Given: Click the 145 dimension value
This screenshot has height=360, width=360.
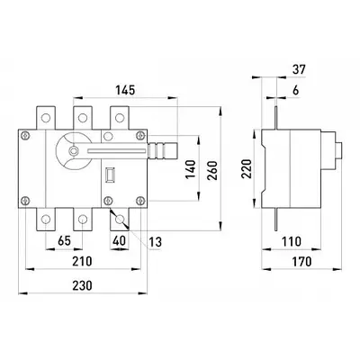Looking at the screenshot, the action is click(x=125, y=90).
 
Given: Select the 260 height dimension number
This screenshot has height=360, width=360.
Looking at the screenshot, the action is click(x=212, y=170).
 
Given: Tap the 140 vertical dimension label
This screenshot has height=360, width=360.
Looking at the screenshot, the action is click(x=191, y=170).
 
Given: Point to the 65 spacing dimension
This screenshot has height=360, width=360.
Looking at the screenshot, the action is click(x=64, y=241).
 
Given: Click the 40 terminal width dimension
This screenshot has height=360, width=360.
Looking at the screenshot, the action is click(x=119, y=241).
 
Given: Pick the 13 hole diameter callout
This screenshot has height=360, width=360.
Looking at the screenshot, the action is click(x=156, y=242).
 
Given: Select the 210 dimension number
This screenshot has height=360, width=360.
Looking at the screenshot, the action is click(x=82, y=261).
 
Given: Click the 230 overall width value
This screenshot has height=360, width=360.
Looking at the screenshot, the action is click(x=82, y=285).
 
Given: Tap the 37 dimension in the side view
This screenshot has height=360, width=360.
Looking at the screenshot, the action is click(x=298, y=69).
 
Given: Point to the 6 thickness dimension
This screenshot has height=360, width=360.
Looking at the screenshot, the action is click(x=296, y=90).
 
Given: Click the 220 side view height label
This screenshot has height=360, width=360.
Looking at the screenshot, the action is click(x=247, y=169).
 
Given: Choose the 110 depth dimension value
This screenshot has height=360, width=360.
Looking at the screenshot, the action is click(x=291, y=241).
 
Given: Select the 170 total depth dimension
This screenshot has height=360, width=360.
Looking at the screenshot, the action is click(x=301, y=262).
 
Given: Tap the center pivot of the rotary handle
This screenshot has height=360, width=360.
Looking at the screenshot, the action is click(x=73, y=150).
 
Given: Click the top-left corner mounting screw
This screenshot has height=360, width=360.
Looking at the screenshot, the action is click(x=26, y=136).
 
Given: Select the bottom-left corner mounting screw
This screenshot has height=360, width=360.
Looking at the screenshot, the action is click(x=26, y=200).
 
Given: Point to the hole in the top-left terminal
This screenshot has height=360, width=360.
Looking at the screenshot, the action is click(x=46, y=118).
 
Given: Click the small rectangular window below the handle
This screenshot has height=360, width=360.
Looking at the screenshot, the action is click(x=110, y=175).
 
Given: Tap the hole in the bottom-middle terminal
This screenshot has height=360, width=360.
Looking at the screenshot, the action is click(x=82, y=220).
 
